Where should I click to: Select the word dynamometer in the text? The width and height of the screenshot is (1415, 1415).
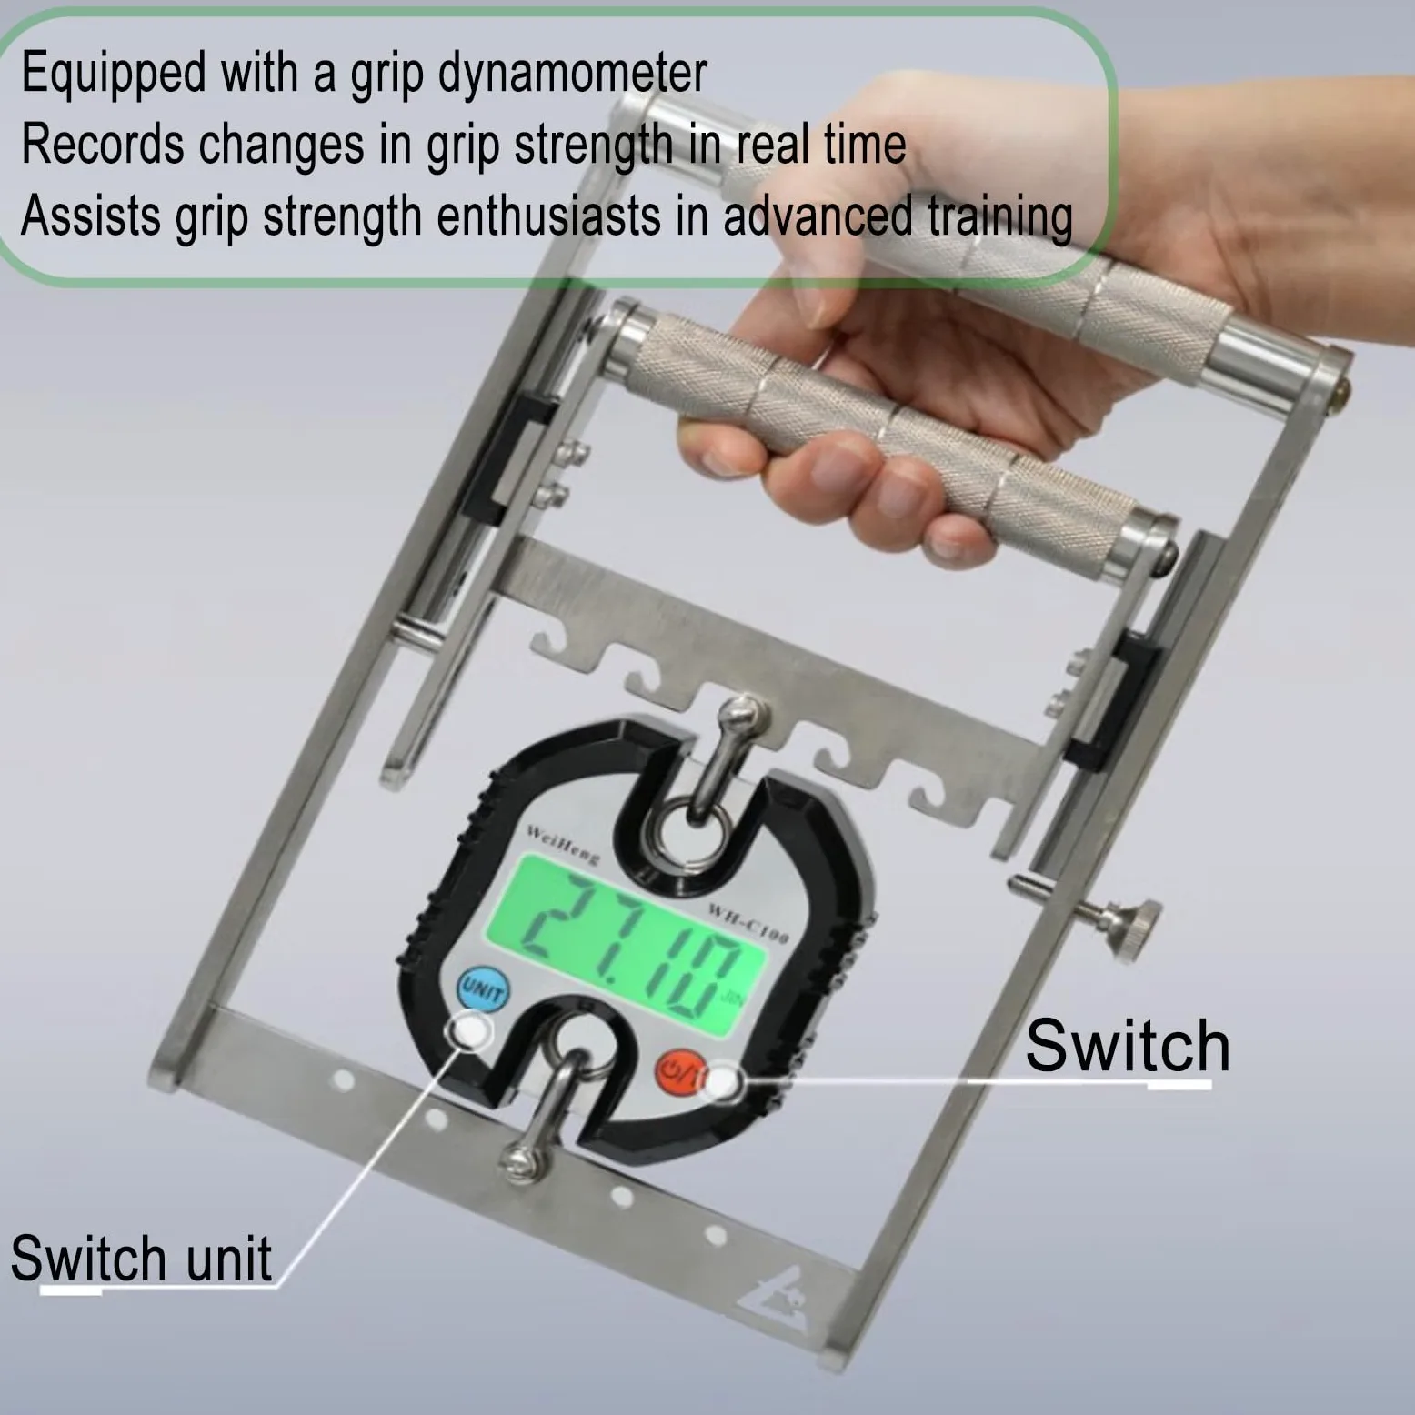point(573,74)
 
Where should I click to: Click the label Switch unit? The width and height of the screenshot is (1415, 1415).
point(141,1259)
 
